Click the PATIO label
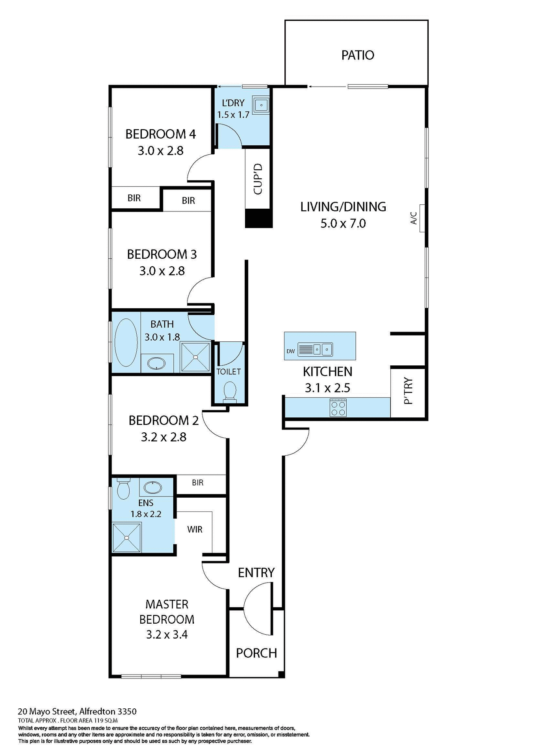pos(357,55)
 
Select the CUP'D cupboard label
pos(258,179)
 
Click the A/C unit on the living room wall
pos(422,218)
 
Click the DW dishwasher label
pos(291,351)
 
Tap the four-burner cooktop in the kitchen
pos(338,408)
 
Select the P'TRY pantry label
pos(409,391)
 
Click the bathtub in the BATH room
pos(126,342)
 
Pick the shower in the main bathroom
pos(195,357)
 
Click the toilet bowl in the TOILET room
pos(230,392)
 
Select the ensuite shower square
pos(126,537)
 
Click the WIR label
pos(195,530)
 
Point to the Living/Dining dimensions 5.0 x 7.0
pos(343,224)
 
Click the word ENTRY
pos(256,573)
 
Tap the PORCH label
pos(256,653)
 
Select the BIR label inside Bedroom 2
pos(197,483)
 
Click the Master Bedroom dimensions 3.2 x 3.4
pos(167,635)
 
